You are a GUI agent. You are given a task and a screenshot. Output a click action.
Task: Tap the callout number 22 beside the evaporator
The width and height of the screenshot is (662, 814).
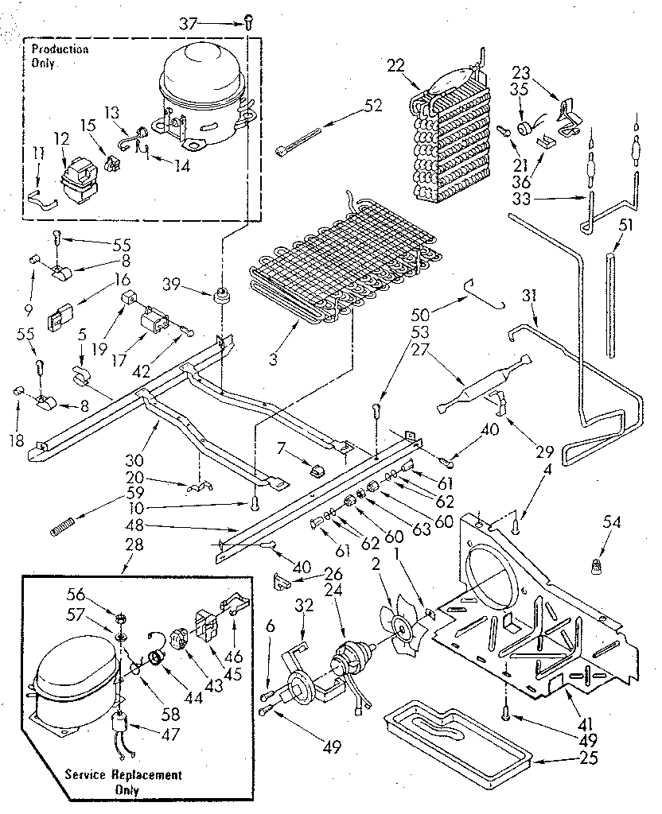pyautogui.click(x=395, y=66)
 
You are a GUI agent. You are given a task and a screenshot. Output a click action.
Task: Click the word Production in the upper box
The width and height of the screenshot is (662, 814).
pyautogui.click(x=60, y=49)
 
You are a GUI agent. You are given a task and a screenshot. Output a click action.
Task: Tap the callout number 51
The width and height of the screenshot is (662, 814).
pyautogui.click(x=626, y=225)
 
